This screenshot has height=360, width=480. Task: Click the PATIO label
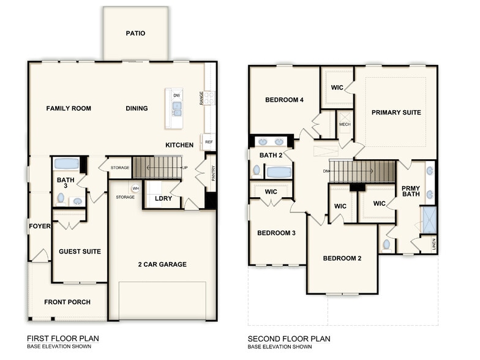[x=135, y=33]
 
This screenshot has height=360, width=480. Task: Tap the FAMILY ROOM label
[x=69, y=108]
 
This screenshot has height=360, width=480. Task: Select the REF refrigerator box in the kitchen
[x=209, y=142]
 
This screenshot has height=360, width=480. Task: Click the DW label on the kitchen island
[x=176, y=96]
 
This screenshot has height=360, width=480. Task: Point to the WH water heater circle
[x=135, y=189]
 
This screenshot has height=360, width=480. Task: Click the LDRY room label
[x=163, y=198]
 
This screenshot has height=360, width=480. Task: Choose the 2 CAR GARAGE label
[x=162, y=264]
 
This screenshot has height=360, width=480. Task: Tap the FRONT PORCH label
[x=67, y=302]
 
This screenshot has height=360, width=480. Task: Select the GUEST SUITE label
[x=80, y=252]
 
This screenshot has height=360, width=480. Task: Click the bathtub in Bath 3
[x=66, y=164]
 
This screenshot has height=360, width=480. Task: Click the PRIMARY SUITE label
[x=396, y=113]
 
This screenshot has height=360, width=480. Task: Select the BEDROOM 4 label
[x=284, y=100]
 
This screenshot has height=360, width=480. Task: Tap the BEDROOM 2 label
[x=342, y=258]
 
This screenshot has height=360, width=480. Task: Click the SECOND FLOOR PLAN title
[x=288, y=338]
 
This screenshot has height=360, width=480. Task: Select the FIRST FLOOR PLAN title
[x=62, y=338]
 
